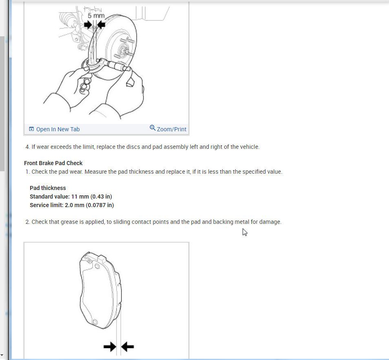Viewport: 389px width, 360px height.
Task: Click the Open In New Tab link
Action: pyautogui.click(x=57, y=129)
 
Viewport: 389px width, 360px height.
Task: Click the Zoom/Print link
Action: pyautogui.click(x=171, y=129)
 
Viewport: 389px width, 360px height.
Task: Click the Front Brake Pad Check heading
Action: pyautogui.click(x=53, y=163)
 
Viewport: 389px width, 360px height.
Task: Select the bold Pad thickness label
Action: pyautogui.click(x=48, y=188)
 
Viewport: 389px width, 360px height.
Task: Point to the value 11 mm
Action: pyautogui.click(x=80, y=197)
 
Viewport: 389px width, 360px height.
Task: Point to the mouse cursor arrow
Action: pyautogui.click(x=244, y=232)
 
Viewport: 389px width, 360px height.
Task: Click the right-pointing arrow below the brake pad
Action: pyautogui.click(x=110, y=347)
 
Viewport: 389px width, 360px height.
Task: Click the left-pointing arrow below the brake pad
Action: pyautogui.click(x=128, y=347)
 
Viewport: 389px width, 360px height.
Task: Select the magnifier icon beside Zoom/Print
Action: pyautogui.click(x=153, y=128)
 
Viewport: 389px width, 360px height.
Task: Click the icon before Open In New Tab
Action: pyautogui.click(x=31, y=129)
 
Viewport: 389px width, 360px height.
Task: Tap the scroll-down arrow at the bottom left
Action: pyautogui.click(x=2, y=356)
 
